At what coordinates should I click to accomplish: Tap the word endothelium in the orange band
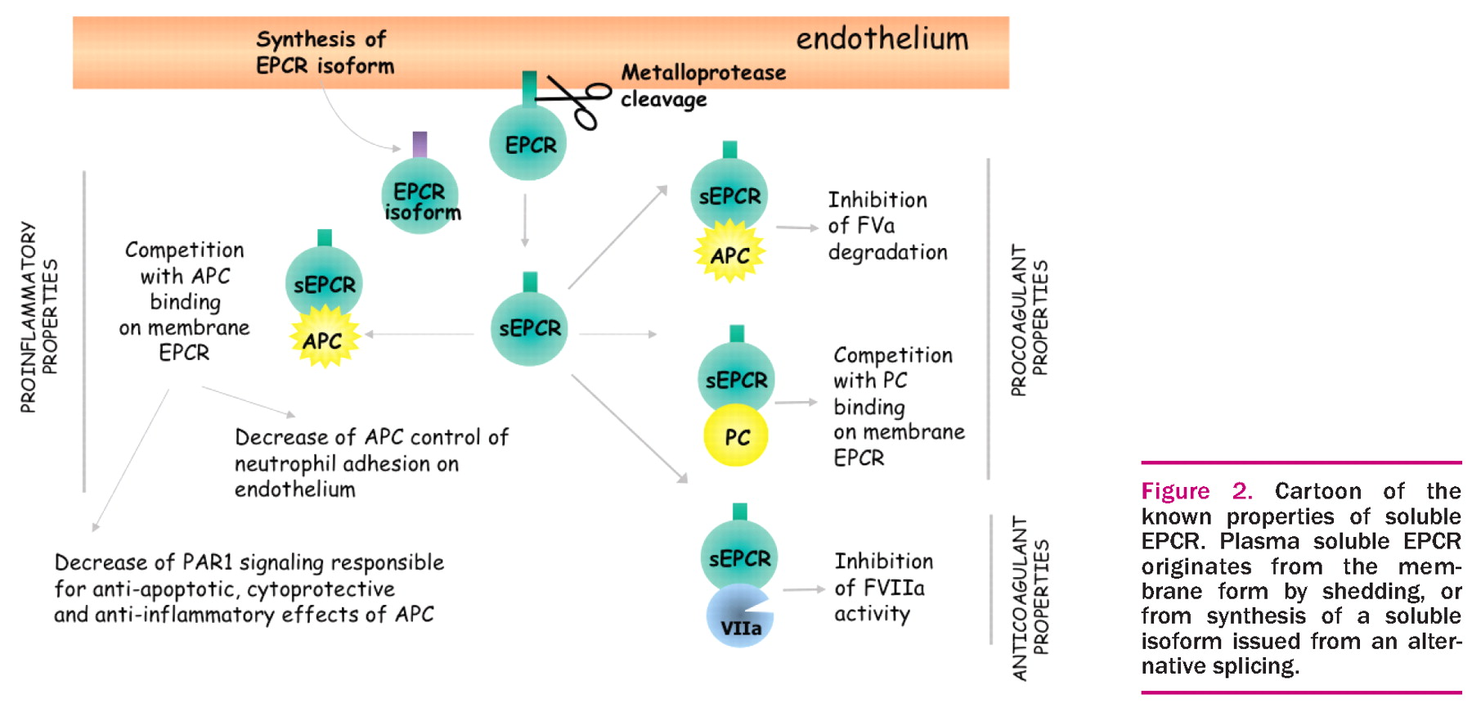pos(882,38)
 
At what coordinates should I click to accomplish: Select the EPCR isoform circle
pos(420,197)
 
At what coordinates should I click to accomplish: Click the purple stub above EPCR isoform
pos(420,144)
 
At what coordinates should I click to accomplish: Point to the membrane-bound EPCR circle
pos(528,143)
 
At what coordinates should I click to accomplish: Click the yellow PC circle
pos(736,436)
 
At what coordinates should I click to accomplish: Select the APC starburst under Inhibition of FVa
pos(729,254)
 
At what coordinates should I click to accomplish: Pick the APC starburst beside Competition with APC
pos(325,338)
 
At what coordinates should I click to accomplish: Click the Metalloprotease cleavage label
pos(702,85)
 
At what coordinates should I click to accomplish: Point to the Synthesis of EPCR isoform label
pos(325,52)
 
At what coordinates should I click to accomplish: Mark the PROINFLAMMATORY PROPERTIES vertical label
pos(39,317)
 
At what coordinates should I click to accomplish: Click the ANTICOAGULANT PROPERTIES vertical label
pos(1030,598)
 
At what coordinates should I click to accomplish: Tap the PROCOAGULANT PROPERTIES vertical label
pos(1029,319)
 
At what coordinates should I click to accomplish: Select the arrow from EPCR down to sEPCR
pos(525,219)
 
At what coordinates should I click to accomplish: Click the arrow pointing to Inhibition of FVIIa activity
pos(804,589)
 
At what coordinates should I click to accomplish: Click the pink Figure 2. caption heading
pos(1196,491)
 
